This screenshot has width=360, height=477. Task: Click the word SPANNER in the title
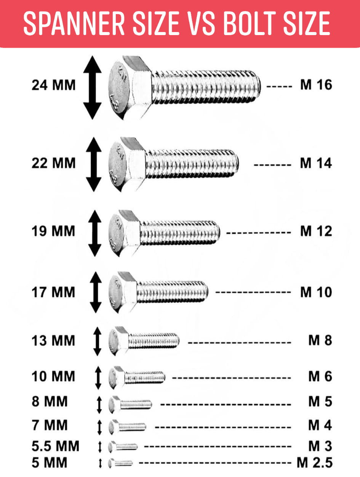click(x=74, y=23)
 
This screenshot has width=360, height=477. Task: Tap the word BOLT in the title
click(x=249, y=23)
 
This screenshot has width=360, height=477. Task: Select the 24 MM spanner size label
click(x=54, y=85)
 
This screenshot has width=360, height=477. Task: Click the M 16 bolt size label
click(x=316, y=85)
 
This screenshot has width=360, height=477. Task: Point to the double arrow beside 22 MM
click(x=94, y=164)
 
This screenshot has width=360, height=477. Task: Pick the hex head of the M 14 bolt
click(x=127, y=164)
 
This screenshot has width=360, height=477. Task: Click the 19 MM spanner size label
click(x=53, y=231)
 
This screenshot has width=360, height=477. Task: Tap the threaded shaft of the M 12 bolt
click(x=180, y=233)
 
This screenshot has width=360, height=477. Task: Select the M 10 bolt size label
click(x=316, y=292)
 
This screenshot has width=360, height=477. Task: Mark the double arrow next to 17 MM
click(x=96, y=292)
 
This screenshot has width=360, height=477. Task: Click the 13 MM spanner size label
click(x=53, y=340)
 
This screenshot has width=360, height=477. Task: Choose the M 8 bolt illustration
click(x=144, y=341)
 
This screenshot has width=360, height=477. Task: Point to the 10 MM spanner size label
click(x=53, y=376)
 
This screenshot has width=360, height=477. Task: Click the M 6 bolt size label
click(x=320, y=376)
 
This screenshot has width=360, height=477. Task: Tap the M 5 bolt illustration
click(x=130, y=405)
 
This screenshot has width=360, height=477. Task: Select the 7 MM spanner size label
click(x=50, y=425)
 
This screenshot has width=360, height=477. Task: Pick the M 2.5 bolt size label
click(x=315, y=463)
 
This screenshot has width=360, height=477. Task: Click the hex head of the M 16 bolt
click(x=130, y=88)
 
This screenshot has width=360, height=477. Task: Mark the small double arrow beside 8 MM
click(x=99, y=405)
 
